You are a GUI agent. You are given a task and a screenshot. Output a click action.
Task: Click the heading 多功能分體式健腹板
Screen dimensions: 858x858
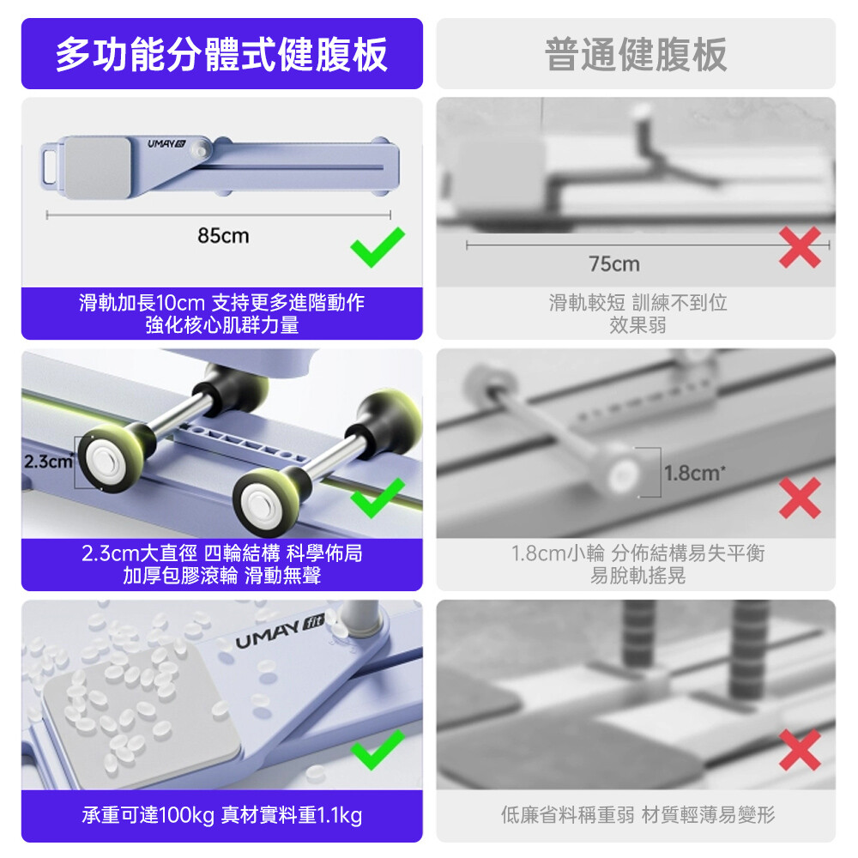tap(221, 54)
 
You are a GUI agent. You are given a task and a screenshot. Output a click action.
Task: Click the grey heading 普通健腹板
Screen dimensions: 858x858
tap(636, 54)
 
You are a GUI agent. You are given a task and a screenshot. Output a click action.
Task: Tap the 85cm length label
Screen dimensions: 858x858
tap(223, 236)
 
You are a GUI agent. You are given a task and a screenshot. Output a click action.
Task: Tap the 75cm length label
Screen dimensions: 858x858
tap(614, 264)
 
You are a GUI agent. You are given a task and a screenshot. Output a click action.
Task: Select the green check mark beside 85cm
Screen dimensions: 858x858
tap(378, 247)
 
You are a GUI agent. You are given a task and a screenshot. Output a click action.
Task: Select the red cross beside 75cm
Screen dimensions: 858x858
tap(800, 247)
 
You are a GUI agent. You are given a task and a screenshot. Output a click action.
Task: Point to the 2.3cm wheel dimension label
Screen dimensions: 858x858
tap(48, 462)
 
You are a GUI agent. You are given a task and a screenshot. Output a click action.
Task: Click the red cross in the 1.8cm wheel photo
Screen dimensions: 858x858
tap(800, 498)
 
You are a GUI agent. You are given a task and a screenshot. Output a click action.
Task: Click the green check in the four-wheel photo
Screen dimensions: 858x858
tap(378, 498)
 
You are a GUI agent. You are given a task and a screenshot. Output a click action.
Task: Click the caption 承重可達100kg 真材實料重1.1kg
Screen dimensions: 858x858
tap(221, 815)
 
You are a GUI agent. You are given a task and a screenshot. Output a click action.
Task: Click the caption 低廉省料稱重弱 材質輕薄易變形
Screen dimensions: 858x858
tap(637, 815)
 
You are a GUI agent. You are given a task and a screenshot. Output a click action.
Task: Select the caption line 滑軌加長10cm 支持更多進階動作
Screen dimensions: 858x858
tap(221, 303)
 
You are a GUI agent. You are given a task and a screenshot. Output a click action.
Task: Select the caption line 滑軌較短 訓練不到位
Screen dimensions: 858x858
tap(637, 303)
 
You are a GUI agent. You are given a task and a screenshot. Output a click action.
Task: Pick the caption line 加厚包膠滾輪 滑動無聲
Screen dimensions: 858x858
tap(221, 576)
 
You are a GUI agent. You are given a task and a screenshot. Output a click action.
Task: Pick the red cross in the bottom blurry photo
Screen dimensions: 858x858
tap(800, 750)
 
